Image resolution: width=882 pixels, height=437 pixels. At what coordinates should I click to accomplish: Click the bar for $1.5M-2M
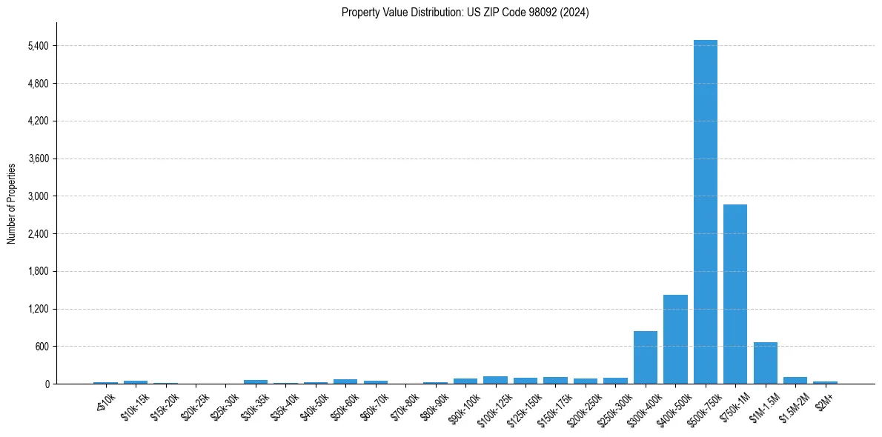(x=795, y=380)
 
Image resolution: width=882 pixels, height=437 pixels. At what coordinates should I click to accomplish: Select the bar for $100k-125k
(x=495, y=380)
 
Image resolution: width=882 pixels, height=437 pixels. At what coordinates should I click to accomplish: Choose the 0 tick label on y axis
(x=47, y=384)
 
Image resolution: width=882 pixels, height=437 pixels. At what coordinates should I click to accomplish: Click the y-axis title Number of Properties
(x=12, y=203)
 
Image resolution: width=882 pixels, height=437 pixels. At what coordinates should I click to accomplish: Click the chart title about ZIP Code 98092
(x=465, y=13)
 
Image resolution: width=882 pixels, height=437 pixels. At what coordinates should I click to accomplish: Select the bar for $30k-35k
(x=256, y=381)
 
